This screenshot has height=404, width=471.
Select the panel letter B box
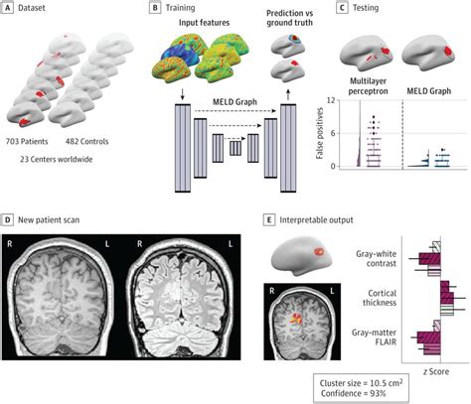tap(154, 8)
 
